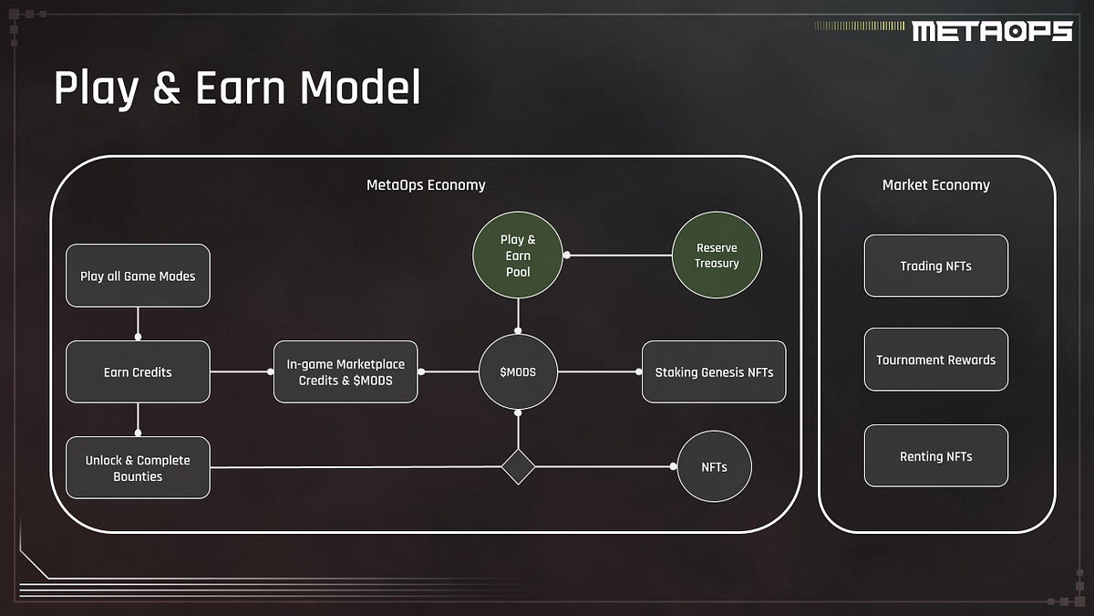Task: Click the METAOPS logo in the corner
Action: [992, 31]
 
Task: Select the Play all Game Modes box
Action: [138, 276]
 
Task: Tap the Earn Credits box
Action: [138, 372]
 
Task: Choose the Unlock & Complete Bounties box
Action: [138, 468]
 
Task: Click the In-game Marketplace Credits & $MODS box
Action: [346, 372]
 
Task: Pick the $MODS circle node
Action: [518, 372]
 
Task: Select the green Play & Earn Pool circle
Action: [518, 256]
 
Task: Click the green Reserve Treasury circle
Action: [717, 256]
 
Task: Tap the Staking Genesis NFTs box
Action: [714, 372]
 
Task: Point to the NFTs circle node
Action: [714, 467]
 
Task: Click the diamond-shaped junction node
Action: [518, 467]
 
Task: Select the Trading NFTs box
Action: [935, 266]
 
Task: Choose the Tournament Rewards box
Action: [935, 360]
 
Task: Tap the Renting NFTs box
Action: [935, 456]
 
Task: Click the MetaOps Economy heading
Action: [426, 185]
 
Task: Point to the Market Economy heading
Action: [935, 185]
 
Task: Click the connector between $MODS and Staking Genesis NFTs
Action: [598, 372]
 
